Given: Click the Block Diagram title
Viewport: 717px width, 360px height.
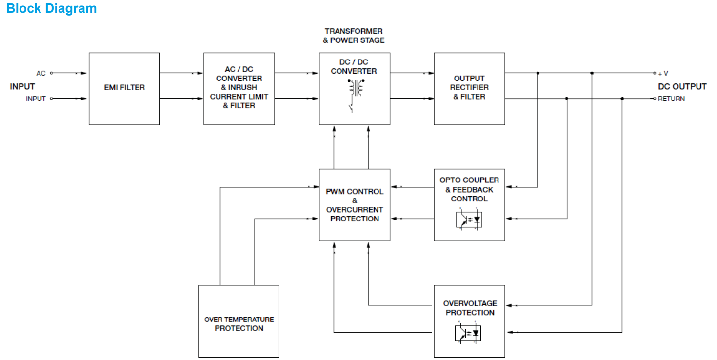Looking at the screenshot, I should [x=51, y=9].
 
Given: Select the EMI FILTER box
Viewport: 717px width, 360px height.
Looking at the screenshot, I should [x=124, y=88].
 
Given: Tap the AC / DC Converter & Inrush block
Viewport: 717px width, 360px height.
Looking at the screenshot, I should [x=239, y=89].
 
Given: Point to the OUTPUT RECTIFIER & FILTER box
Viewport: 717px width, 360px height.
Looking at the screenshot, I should [x=469, y=88].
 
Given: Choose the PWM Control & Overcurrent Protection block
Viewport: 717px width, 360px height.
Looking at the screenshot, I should [x=355, y=205].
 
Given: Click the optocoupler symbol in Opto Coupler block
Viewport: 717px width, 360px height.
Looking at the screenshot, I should [x=469, y=220].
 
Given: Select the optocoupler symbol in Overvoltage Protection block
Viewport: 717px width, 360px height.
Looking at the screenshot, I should [x=469, y=334].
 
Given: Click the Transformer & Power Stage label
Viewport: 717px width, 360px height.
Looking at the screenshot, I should [x=354, y=36].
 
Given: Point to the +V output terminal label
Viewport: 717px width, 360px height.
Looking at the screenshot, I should [x=663, y=74].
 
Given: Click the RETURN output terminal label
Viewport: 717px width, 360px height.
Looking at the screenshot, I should [x=671, y=99].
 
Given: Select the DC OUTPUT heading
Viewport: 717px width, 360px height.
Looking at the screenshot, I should [x=682, y=87].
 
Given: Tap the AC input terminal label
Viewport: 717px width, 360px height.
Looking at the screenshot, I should [x=41, y=73].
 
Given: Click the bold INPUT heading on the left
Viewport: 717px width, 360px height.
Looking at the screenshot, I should [x=22, y=87].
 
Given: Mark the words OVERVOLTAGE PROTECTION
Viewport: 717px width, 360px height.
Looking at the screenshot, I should [x=470, y=308].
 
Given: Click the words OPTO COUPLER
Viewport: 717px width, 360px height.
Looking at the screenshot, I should [x=469, y=180].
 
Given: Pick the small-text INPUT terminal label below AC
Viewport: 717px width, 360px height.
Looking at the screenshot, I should [x=36, y=99].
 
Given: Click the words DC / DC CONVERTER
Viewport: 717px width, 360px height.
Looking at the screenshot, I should [x=354, y=67].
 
